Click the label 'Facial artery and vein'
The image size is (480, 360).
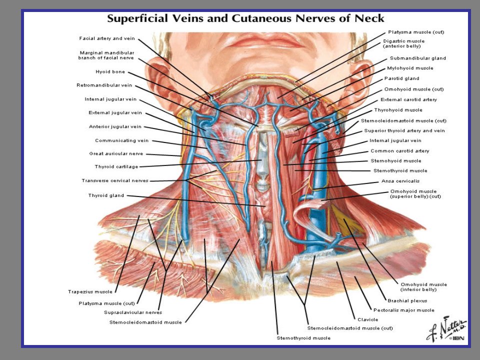pyautogui.click(x=107, y=38)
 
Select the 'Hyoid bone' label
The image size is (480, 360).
pyautogui.click(x=110, y=71)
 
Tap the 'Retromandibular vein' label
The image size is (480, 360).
pyautogui.click(x=104, y=85)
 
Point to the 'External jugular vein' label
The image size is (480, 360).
pyautogui.click(x=115, y=112)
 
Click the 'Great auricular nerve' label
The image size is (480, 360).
pyautogui.click(x=116, y=153)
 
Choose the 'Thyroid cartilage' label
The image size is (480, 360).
pyautogui.click(x=116, y=166)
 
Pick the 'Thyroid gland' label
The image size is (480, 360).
pyautogui.click(x=106, y=195)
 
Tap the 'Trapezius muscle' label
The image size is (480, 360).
pyautogui.click(x=90, y=291)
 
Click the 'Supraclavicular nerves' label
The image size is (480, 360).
pyautogui.click(x=133, y=312)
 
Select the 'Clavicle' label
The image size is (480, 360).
pyautogui.click(x=367, y=319)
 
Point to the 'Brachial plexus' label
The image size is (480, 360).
pyautogui.click(x=407, y=300)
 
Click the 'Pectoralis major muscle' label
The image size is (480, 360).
pyautogui.click(x=404, y=310)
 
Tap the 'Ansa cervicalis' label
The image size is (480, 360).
pyautogui.click(x=400, y=181)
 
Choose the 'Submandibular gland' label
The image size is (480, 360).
pyautogui.click(x=418, y=58)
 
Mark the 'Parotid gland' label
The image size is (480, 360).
pyautogui.click(x=401, y=78)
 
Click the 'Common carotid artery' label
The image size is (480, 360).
pyautogui.click(x=400, y=151)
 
